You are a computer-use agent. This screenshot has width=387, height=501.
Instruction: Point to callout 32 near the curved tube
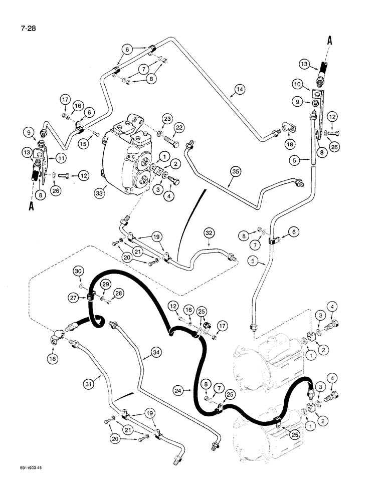tap(209, 232)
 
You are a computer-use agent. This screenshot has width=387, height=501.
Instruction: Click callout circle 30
tap(78, 271)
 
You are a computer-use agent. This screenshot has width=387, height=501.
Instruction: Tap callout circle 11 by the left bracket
tap(62, 158)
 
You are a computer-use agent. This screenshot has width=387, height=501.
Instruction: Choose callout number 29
tap(105, 284)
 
